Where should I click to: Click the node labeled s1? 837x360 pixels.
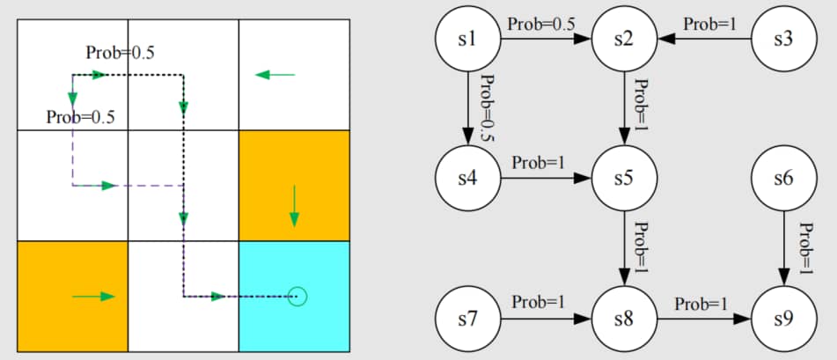pos(467,39)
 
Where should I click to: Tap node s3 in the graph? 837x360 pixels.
pos(782,39)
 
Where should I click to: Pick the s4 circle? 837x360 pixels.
pos(467,178)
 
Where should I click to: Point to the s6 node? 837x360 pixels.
pos(782,178)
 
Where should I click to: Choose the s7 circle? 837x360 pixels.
pos(467,317)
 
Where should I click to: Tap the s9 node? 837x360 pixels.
pos(782,317)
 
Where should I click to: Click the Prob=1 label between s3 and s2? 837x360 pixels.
pos(709,25)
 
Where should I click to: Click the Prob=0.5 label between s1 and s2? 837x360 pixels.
pos(541,24)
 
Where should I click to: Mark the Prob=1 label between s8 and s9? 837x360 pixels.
pos(701,304)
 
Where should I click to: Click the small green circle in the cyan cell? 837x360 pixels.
pos(297,297)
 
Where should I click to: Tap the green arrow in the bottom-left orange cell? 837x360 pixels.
pos(94,297)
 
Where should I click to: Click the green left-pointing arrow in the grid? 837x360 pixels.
pos(275,75)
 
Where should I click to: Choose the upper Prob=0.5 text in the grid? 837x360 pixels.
pos(121,53)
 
